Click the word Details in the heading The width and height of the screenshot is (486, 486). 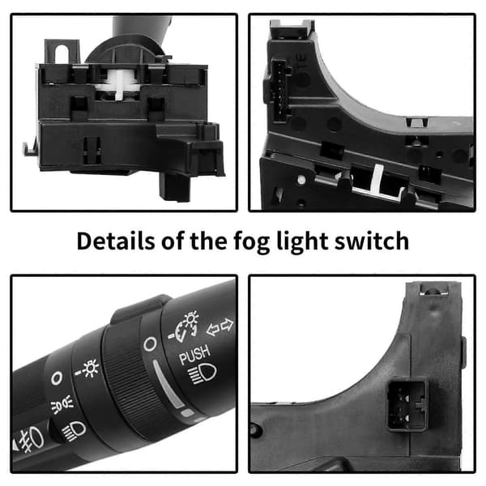(x=115, y=241)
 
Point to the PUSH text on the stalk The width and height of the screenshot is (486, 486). (x=195, y=355)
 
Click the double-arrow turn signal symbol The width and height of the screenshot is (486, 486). (x=220, y=327)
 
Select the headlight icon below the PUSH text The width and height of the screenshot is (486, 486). (x=202, y=373)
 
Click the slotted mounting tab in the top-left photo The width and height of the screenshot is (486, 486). (x=62, y=52)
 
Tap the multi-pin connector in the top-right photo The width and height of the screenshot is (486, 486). (x=279, y=91)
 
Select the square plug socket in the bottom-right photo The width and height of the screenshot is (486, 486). (x=407, y=404)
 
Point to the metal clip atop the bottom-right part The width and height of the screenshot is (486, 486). (x=433, y=289)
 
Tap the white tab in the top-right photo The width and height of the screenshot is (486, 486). (x=377, y=177)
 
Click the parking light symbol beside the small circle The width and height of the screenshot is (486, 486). (x=62, y=404)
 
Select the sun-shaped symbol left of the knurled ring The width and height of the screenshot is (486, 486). (x=87, y=369)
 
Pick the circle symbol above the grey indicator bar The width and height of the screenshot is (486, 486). (x=150, y=344)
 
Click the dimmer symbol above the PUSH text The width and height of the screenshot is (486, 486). (x=185, y=325)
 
